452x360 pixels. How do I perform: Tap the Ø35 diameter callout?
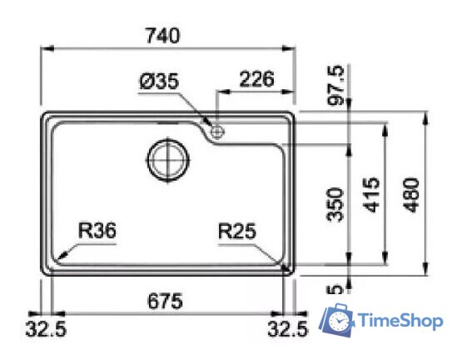(160, 82)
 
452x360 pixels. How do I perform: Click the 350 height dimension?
(336, 202)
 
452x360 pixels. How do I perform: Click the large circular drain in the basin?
(169, 157)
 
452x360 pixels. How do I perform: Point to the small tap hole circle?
(218, 130)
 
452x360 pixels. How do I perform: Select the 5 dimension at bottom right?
(337, 291)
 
